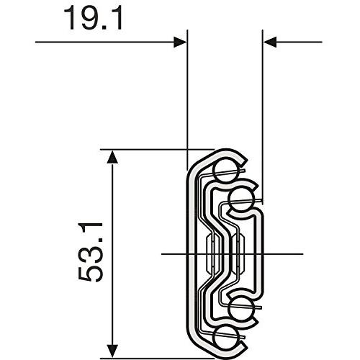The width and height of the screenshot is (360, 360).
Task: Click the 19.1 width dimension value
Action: [94, 18]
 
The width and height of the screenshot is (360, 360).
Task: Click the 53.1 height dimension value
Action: [91, 252]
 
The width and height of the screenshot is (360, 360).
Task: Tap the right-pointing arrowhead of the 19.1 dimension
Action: [180, 42]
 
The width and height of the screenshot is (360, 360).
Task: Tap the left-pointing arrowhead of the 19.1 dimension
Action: [270, 42]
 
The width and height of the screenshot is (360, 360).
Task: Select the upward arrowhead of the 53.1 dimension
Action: [112, 156]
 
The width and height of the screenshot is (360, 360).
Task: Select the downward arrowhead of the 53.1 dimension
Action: [112, 351]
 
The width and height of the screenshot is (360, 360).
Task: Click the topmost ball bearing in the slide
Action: [225, 170]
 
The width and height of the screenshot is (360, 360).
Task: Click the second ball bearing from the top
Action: [242, 199]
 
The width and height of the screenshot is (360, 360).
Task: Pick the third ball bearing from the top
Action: [242, 308]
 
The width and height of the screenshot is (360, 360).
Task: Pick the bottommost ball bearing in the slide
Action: [225, 338]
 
